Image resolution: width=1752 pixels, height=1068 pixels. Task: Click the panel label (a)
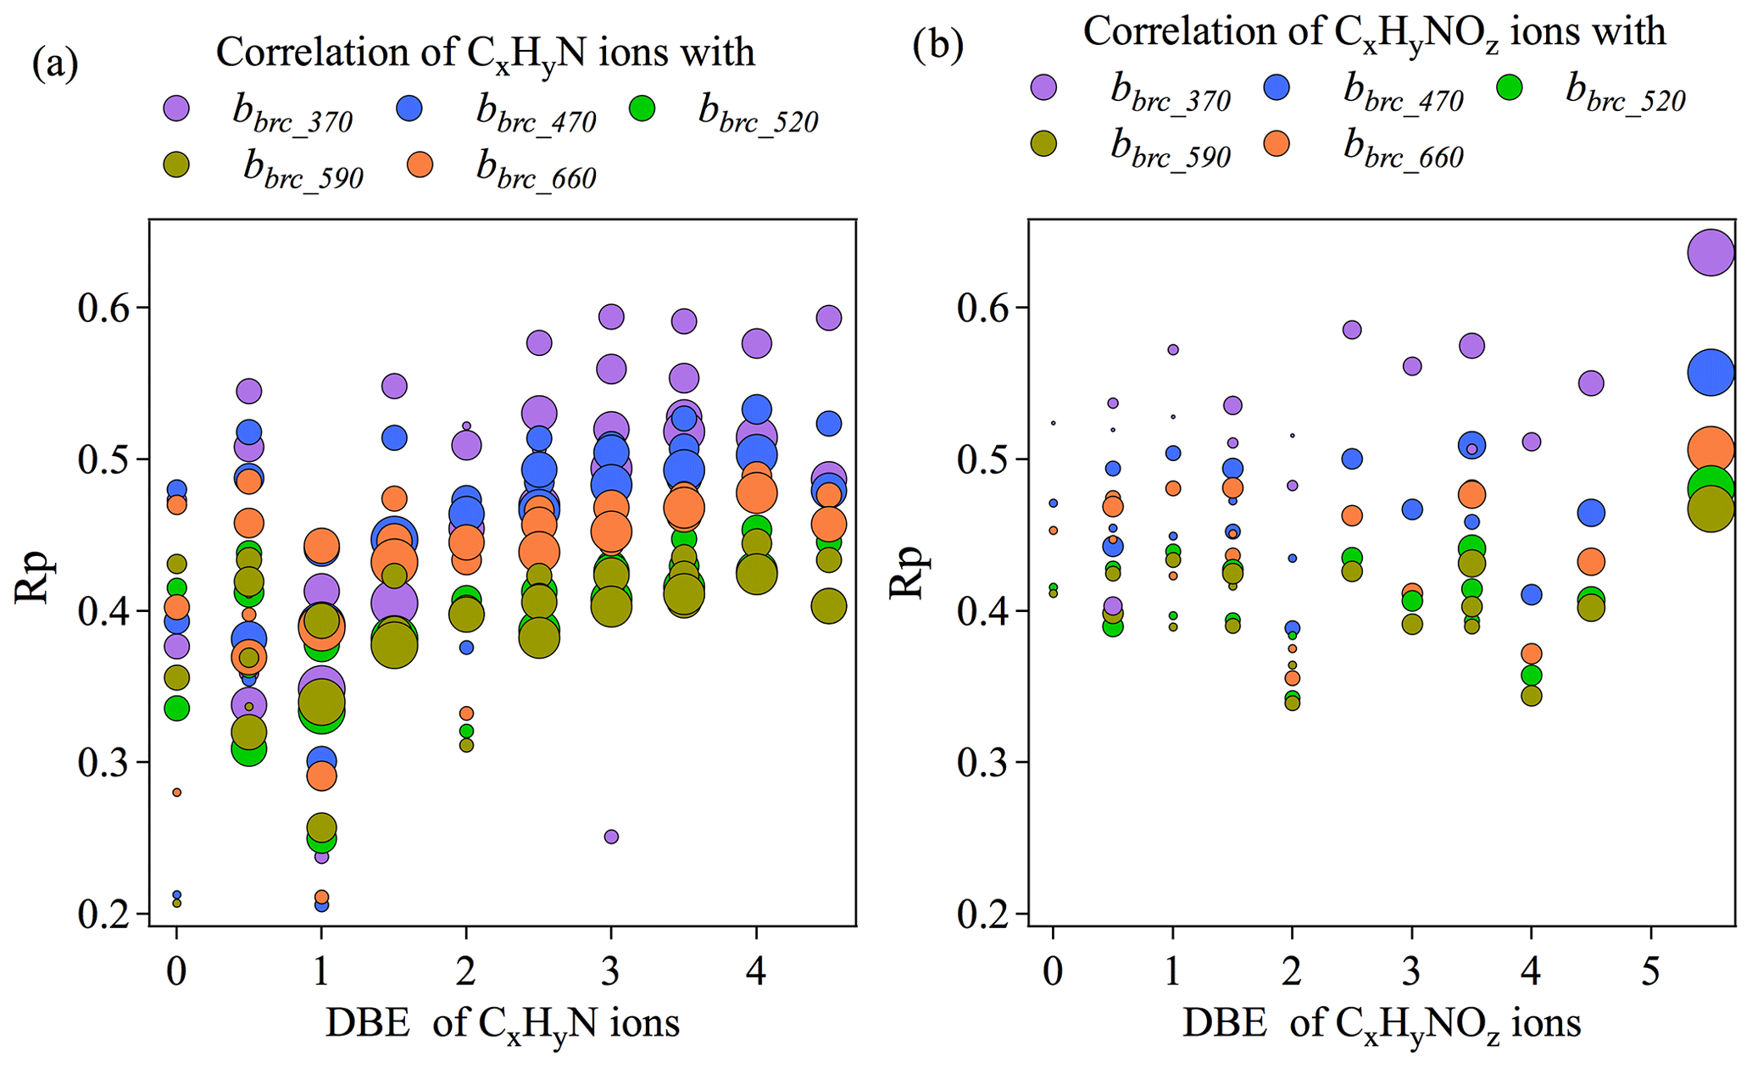click(55, 64)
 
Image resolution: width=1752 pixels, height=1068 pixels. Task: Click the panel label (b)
click(937, 45)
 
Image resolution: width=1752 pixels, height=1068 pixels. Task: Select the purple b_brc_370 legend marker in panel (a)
click(175, 108)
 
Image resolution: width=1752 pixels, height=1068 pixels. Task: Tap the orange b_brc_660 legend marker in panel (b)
click(1276, 143)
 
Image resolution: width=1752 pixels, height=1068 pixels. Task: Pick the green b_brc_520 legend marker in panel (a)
click(642, 108)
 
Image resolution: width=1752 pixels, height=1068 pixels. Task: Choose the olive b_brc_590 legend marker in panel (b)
click(1043, 143)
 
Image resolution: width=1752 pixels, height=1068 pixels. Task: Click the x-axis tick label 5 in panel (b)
click(1650, 972)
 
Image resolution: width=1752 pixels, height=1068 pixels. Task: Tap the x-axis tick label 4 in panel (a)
click(756, 972)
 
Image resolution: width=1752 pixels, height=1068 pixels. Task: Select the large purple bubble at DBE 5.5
click(1711, 252)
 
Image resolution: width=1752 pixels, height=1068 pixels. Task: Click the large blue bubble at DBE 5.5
click(1711, 372)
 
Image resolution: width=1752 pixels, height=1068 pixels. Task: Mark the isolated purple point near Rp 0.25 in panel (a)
click(611, 837)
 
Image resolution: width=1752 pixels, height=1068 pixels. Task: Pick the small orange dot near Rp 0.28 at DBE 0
click(176, 793)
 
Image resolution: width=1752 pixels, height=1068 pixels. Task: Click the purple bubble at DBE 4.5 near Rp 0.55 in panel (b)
click(1591, 383)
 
